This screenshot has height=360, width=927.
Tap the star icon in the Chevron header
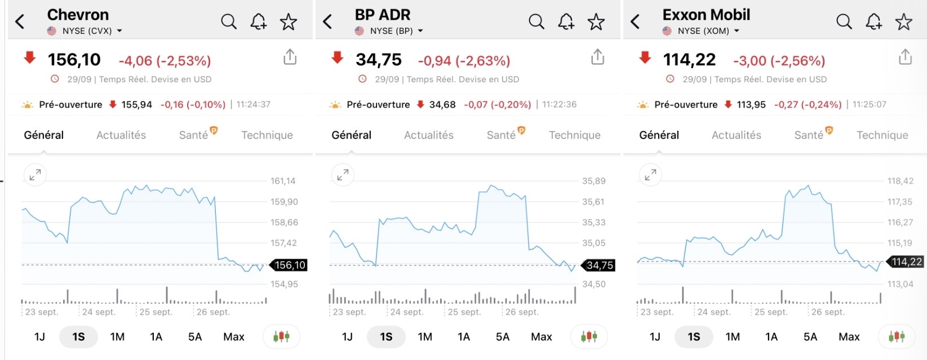click(x=289, y=22)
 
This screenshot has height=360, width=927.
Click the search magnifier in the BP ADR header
click(x=536, y=22)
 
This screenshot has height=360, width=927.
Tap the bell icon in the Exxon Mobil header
click(x=873, y=22)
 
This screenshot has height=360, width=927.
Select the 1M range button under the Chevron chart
click(x=117, y=337)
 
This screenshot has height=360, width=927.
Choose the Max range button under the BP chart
click(x=541, y=337)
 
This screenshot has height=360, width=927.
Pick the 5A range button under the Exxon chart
click(x=810, y=337)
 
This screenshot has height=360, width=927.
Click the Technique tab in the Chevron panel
click(x=267, y=135)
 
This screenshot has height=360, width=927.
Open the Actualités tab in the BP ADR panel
click(x=429, y=135)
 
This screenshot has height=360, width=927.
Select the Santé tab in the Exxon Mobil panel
click(x=809, y=135)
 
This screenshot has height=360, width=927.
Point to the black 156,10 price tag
click(x=290, y=265)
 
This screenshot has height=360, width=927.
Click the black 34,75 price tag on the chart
click(x=600, y=265)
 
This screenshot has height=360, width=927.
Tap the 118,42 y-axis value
click(x=900, y=181)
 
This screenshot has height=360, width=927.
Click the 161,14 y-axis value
click(x=283, y=181)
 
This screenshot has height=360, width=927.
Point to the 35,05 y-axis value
click(x=593, y=243)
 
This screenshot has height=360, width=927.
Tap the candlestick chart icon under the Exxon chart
click(x=897, y=337)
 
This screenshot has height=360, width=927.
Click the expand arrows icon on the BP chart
click(x=343, y=175)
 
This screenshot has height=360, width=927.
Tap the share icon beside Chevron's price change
click(x=290, y=57)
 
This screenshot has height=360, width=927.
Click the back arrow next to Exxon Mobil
click(x=635, y=22)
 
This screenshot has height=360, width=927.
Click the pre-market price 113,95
click(x=751, y=105)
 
